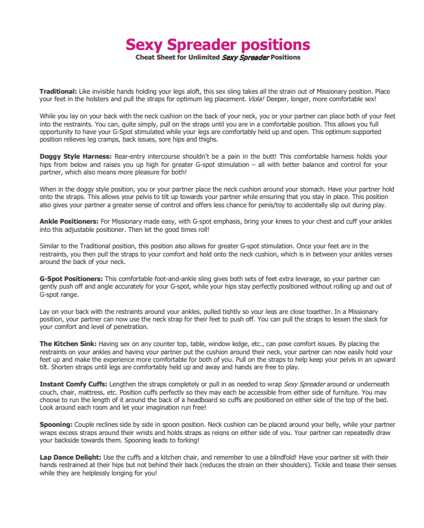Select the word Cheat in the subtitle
coord(145,58)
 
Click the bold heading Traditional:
coord(58,91)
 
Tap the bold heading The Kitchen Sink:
coord(67,343)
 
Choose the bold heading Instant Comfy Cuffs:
coord(72,384)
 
